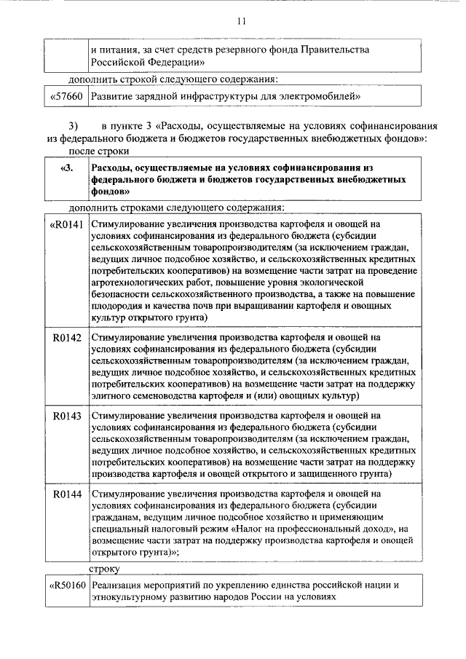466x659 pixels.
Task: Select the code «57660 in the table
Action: click(x=66, y=96)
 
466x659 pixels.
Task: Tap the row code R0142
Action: click(x=67, y=338)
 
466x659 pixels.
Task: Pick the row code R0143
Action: click(x=67, y=416)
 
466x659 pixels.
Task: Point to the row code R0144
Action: click(x=67, y=494)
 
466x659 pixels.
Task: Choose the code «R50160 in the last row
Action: click(x=66, y=585)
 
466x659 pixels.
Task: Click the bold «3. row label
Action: click(x=66, y=168)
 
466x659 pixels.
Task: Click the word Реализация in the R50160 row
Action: click(x=119, y=585)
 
